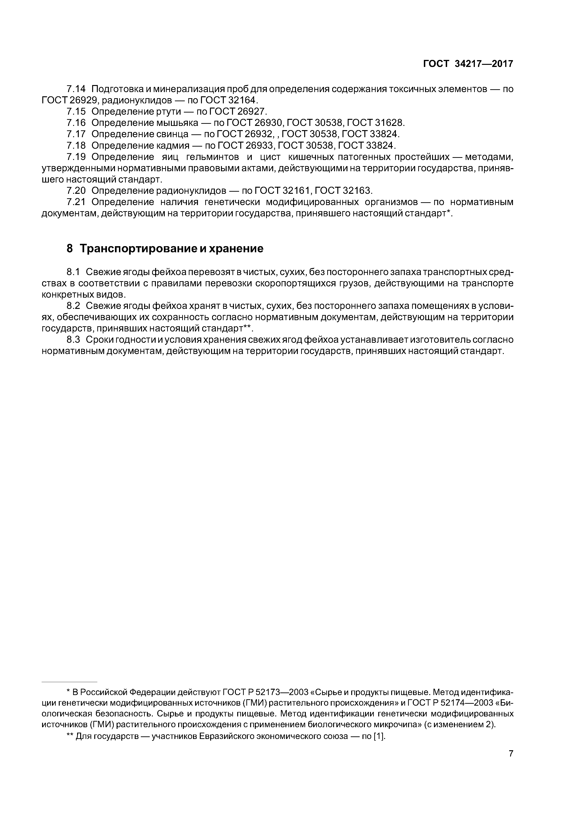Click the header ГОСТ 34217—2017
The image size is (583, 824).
(468, 64)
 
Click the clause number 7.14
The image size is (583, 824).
(76, 89)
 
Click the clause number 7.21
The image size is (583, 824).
(76, 202)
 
